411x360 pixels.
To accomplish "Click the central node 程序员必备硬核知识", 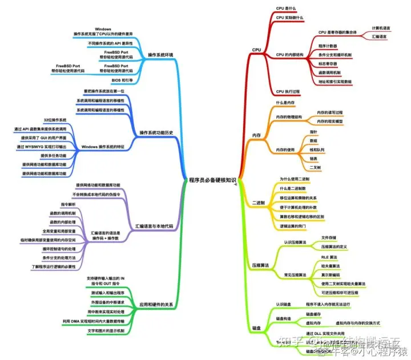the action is tap(212, 179).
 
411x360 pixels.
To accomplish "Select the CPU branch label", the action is tap(256, 50).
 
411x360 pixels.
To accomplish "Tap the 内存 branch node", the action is tap(256, 135).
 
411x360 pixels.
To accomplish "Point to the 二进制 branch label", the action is tap(258, 203).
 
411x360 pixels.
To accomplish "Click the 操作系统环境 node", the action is tap(160, 55).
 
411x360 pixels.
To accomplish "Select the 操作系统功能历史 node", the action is tap(156, 133).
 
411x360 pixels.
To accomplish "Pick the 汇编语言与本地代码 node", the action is tap(154, 226).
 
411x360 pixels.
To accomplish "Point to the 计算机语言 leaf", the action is tap(381, 27).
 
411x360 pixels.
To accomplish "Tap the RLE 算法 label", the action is tap(330, 257).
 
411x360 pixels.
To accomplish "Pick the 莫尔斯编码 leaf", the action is tap(331, 274).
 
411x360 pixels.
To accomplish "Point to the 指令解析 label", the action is tap(68, 204).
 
